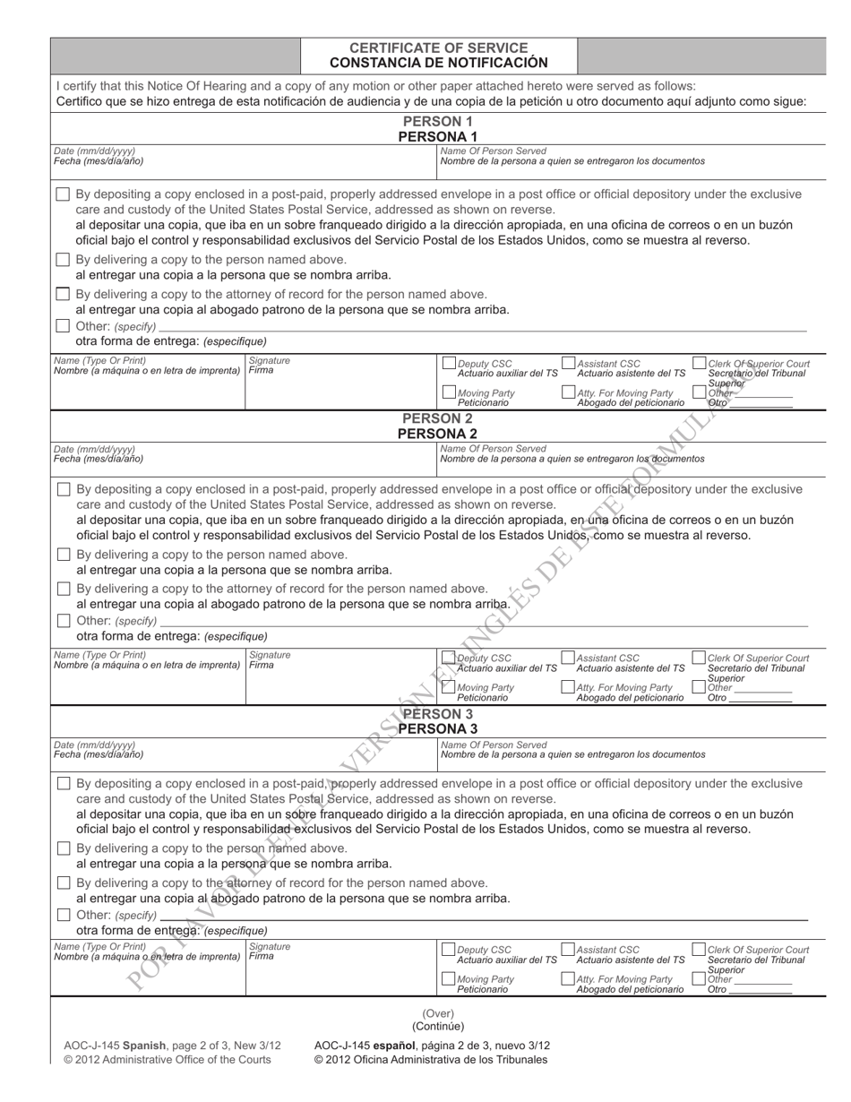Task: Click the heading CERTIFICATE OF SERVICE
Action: (438, 47)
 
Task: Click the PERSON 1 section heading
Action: (437, 121)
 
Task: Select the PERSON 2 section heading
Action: (437, 418)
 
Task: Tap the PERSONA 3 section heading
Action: (437, 728)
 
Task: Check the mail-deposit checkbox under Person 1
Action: (63, 194)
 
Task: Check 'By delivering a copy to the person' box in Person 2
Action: (64, 555)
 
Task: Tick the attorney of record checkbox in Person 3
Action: (64, 882)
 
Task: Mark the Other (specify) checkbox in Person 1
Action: (63, 325)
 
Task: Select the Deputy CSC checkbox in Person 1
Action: (450, 364)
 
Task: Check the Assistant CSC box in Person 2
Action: (568, 658)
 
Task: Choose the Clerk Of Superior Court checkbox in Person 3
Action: (699, 950)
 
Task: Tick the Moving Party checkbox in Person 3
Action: (450, 979)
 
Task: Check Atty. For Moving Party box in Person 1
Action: (568, 392)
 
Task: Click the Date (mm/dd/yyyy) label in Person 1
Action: (95, 151)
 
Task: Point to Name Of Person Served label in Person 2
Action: (493, 448)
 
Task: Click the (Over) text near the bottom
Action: (438, 1013)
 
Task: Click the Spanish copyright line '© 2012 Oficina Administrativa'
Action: (430, 1060)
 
